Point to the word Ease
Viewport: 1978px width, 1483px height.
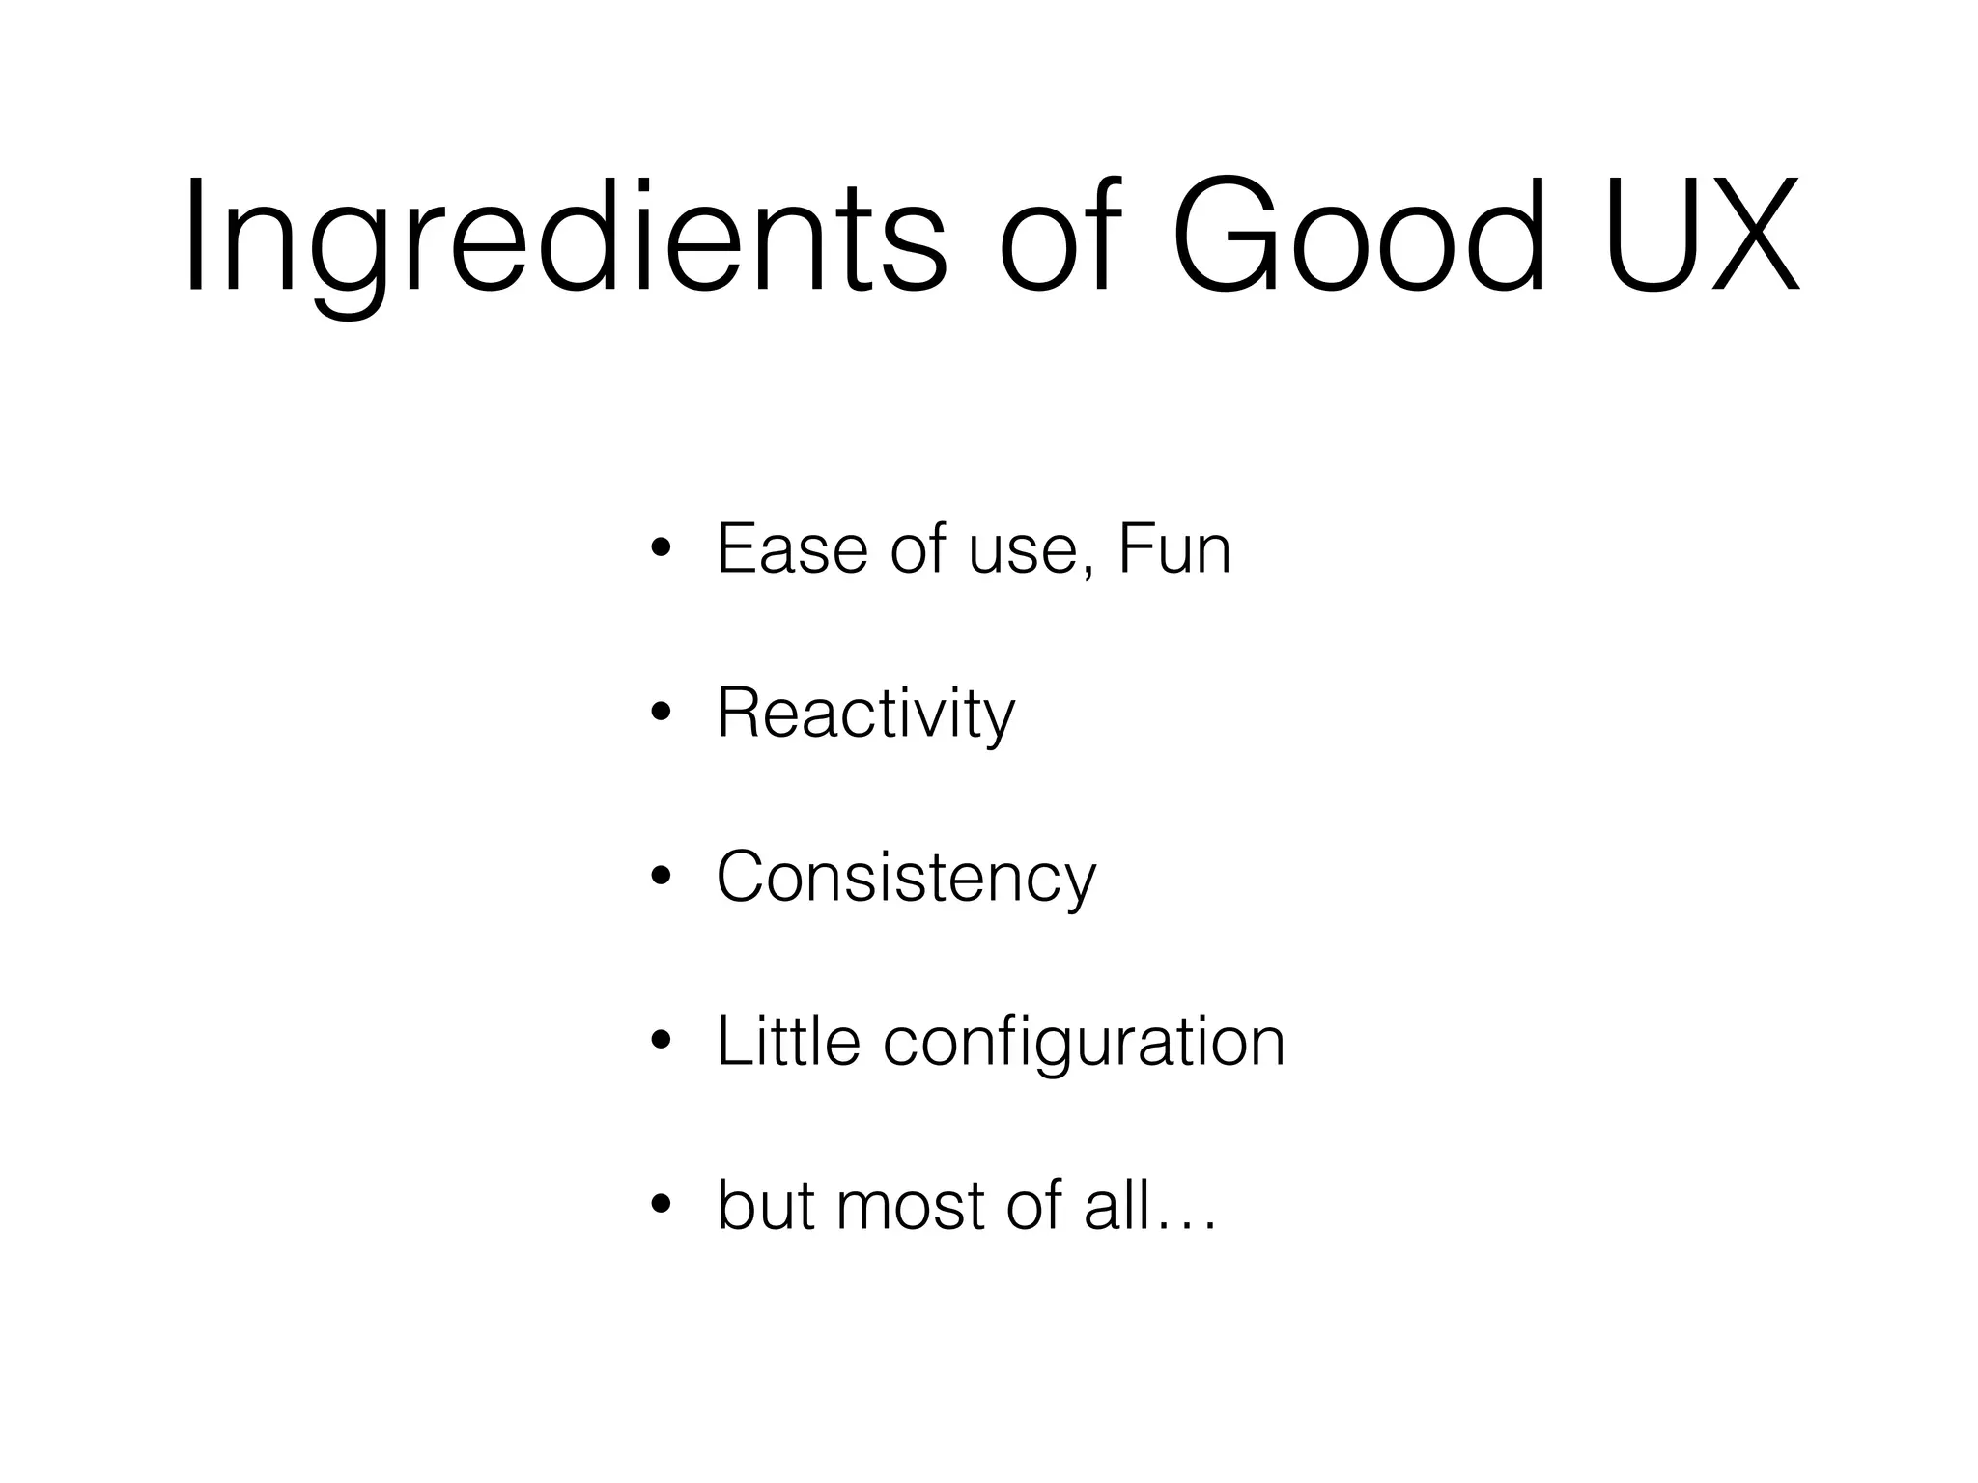793,548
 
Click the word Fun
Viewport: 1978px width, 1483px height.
1174,548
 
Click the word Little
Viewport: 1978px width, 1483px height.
788,1041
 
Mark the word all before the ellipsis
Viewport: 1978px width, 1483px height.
1116,1205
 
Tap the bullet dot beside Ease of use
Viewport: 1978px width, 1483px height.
661,550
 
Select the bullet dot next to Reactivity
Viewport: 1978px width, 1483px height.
661,714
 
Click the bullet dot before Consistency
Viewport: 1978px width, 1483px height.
661,879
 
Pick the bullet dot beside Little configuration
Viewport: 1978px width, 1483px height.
661,1042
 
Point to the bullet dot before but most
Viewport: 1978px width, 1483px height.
661,1206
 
